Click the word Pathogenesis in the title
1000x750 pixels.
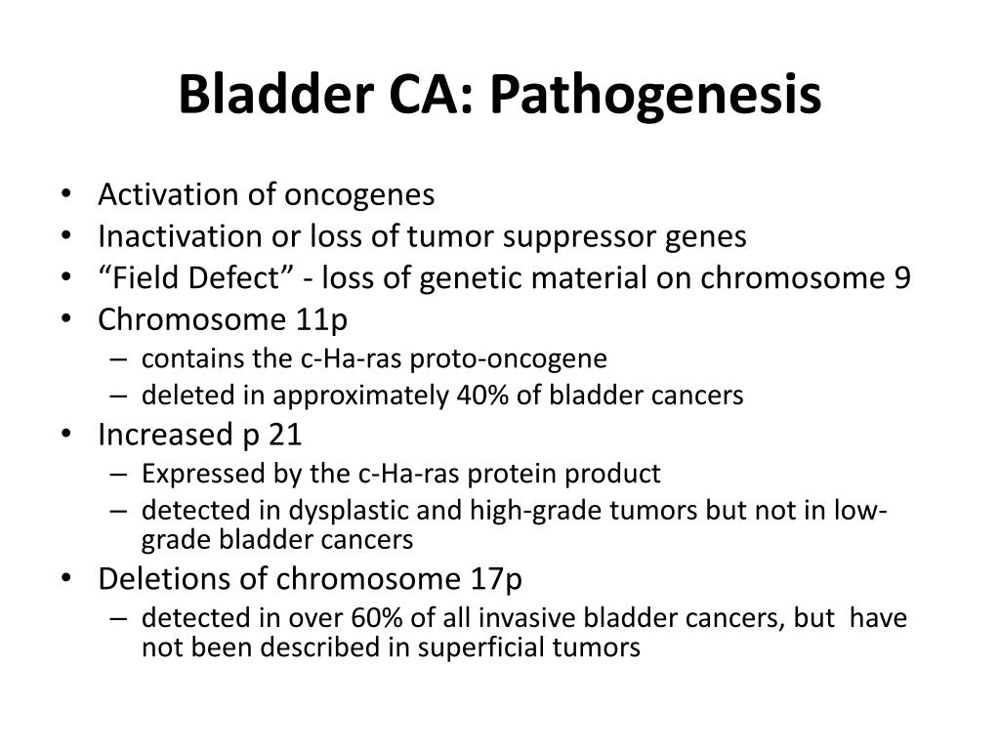pos(655,95)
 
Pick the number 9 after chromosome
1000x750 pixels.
pos(901,278)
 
